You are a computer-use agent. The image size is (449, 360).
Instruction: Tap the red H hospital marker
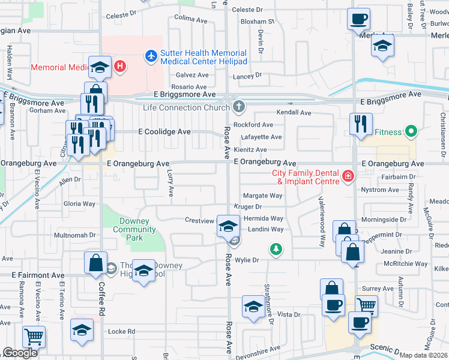pos(120,65)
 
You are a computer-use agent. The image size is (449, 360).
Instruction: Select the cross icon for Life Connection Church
pos(239,107)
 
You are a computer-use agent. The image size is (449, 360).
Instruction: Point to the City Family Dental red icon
pos(347,176)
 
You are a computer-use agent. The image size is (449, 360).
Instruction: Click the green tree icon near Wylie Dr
pos(276,248)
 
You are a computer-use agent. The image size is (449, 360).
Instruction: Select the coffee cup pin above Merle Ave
pos(358,19)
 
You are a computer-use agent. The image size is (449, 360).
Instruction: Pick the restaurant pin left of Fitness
pos(360,124)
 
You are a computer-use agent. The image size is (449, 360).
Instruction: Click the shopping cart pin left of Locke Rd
pos(34,337)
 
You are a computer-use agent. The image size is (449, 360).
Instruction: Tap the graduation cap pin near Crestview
pos(228,226)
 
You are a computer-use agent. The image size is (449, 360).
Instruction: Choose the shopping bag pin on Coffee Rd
pos(95,262)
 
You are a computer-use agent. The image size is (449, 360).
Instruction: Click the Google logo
pos(20,353)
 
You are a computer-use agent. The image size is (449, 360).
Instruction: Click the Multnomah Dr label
pos(74,235)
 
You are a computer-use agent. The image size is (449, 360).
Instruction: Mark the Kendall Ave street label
pos(294,112)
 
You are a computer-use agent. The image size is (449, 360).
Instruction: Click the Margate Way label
pos(262,196)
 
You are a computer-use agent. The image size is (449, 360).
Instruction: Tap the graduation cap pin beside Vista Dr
pos(253,307)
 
